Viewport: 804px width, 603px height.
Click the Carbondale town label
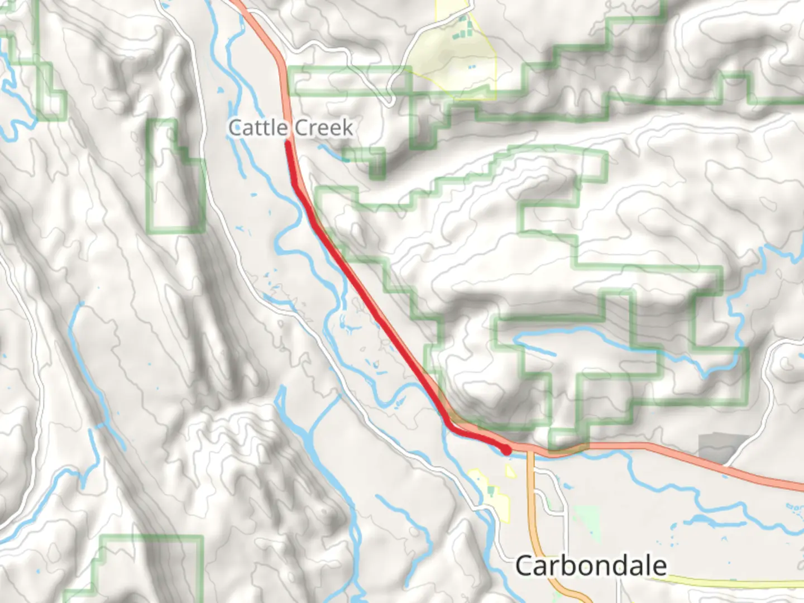[591, 566]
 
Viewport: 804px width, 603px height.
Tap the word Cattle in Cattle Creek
[257, 128]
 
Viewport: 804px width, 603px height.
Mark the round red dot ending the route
[506, 449]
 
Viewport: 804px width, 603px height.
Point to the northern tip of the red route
[288, 143]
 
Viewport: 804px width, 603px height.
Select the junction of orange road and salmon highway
[529, 448]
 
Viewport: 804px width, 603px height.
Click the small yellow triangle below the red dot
[510, 472]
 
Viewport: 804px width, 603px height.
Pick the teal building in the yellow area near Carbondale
[491, 491]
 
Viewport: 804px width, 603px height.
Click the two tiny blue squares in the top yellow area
[472, 67]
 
